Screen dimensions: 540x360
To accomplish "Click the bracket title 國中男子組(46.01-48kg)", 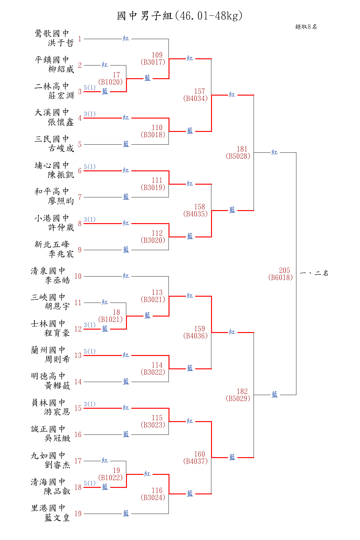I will [180, 16].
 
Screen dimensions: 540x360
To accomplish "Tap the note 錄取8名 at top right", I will [306, 27].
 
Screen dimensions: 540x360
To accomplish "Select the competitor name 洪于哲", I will [61, 43].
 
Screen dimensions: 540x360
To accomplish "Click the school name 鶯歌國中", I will [52, 33].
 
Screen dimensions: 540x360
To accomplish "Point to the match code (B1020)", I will [110, 82].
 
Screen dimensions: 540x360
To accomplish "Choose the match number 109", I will [157, 55].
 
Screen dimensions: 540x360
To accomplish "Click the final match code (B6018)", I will [281, 277].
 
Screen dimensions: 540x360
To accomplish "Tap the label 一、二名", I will [314, 273].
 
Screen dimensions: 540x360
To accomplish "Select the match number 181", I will [242, 149].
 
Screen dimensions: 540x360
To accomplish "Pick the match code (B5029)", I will [238, 398].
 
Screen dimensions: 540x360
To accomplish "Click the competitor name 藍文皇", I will [57, 518].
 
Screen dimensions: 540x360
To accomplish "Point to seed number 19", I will [78, 514].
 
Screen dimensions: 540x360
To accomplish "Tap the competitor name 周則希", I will [57, 359].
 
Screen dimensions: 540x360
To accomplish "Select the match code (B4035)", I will [196, 214].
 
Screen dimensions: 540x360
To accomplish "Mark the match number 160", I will [200, 454].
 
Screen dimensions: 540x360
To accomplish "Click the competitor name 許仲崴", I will [61, 227].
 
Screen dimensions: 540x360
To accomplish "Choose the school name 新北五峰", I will [52, 245].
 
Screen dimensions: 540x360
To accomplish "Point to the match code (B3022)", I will [153, 372].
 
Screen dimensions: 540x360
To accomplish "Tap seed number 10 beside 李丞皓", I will [78, 276].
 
